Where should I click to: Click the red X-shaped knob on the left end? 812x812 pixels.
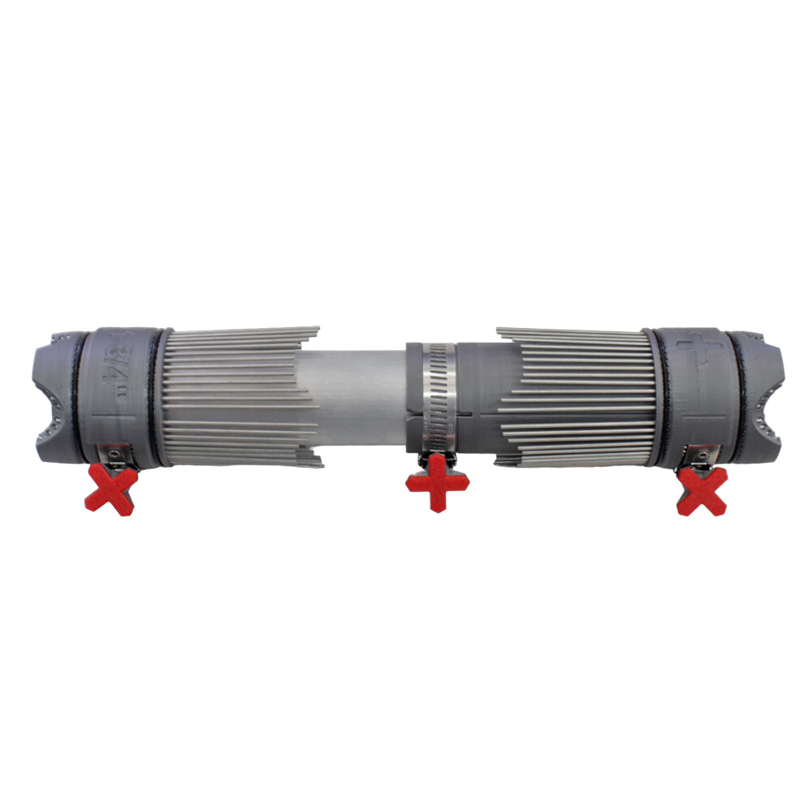[x=113, y=490]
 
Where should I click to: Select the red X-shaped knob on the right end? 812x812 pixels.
[x=702, y=490]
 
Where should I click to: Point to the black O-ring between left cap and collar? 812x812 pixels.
[x=81, y=398]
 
